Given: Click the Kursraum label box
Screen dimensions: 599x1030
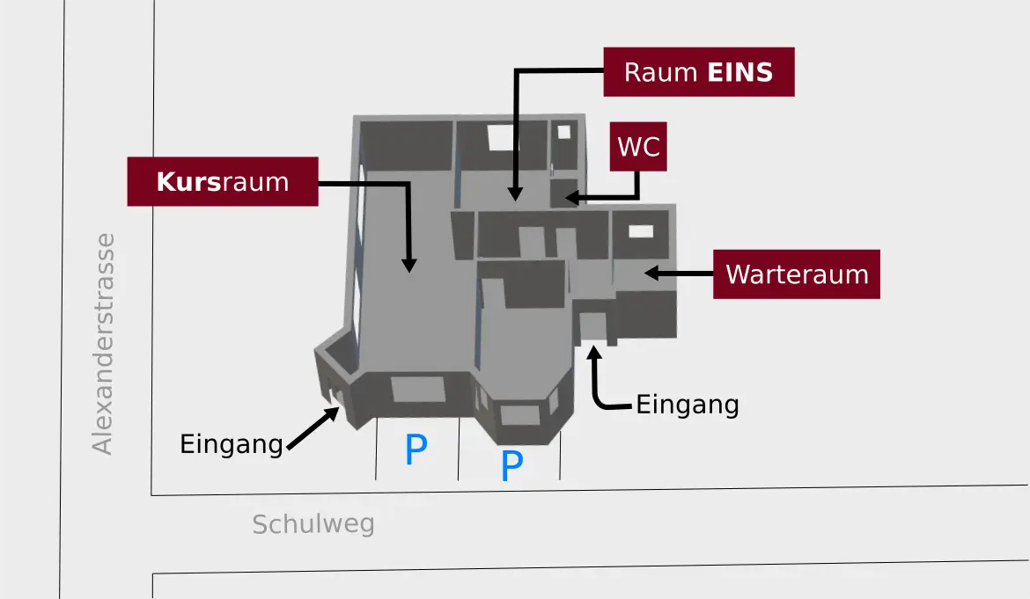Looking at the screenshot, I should pyautogui.click(x=222, y=182).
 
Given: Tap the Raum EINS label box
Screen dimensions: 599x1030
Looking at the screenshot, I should pyautogui.click(x=698, y=72).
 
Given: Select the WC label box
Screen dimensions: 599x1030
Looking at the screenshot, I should pyautogui.click(x=638, y=147).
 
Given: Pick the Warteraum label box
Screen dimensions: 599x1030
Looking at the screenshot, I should pyautogui.click(x=796, y=274).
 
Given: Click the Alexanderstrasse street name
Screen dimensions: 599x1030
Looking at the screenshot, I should pyautogui.click(x=103, y=343).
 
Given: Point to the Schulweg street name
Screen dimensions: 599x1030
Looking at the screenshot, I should pyautogui.click(x=313, y=525).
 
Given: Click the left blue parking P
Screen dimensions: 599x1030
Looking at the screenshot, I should pyautogui.click(x=416, y=450).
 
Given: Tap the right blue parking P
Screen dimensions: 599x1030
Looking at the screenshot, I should pyautogui.click(x=511, y=466).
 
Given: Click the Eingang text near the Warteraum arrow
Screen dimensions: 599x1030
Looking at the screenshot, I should pyautogui.click(x=687, y=405).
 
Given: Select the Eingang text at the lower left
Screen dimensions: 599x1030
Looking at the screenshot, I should pyautogui.click(x=231, y=444).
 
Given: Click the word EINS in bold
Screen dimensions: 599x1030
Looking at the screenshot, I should pyautogui.click(x=739, y=72).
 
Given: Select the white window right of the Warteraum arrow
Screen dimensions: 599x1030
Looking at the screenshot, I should pyautogui.click(x=641, y=231).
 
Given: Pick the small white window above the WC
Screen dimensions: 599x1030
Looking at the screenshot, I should pyautogui.click(x=563, y=132).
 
